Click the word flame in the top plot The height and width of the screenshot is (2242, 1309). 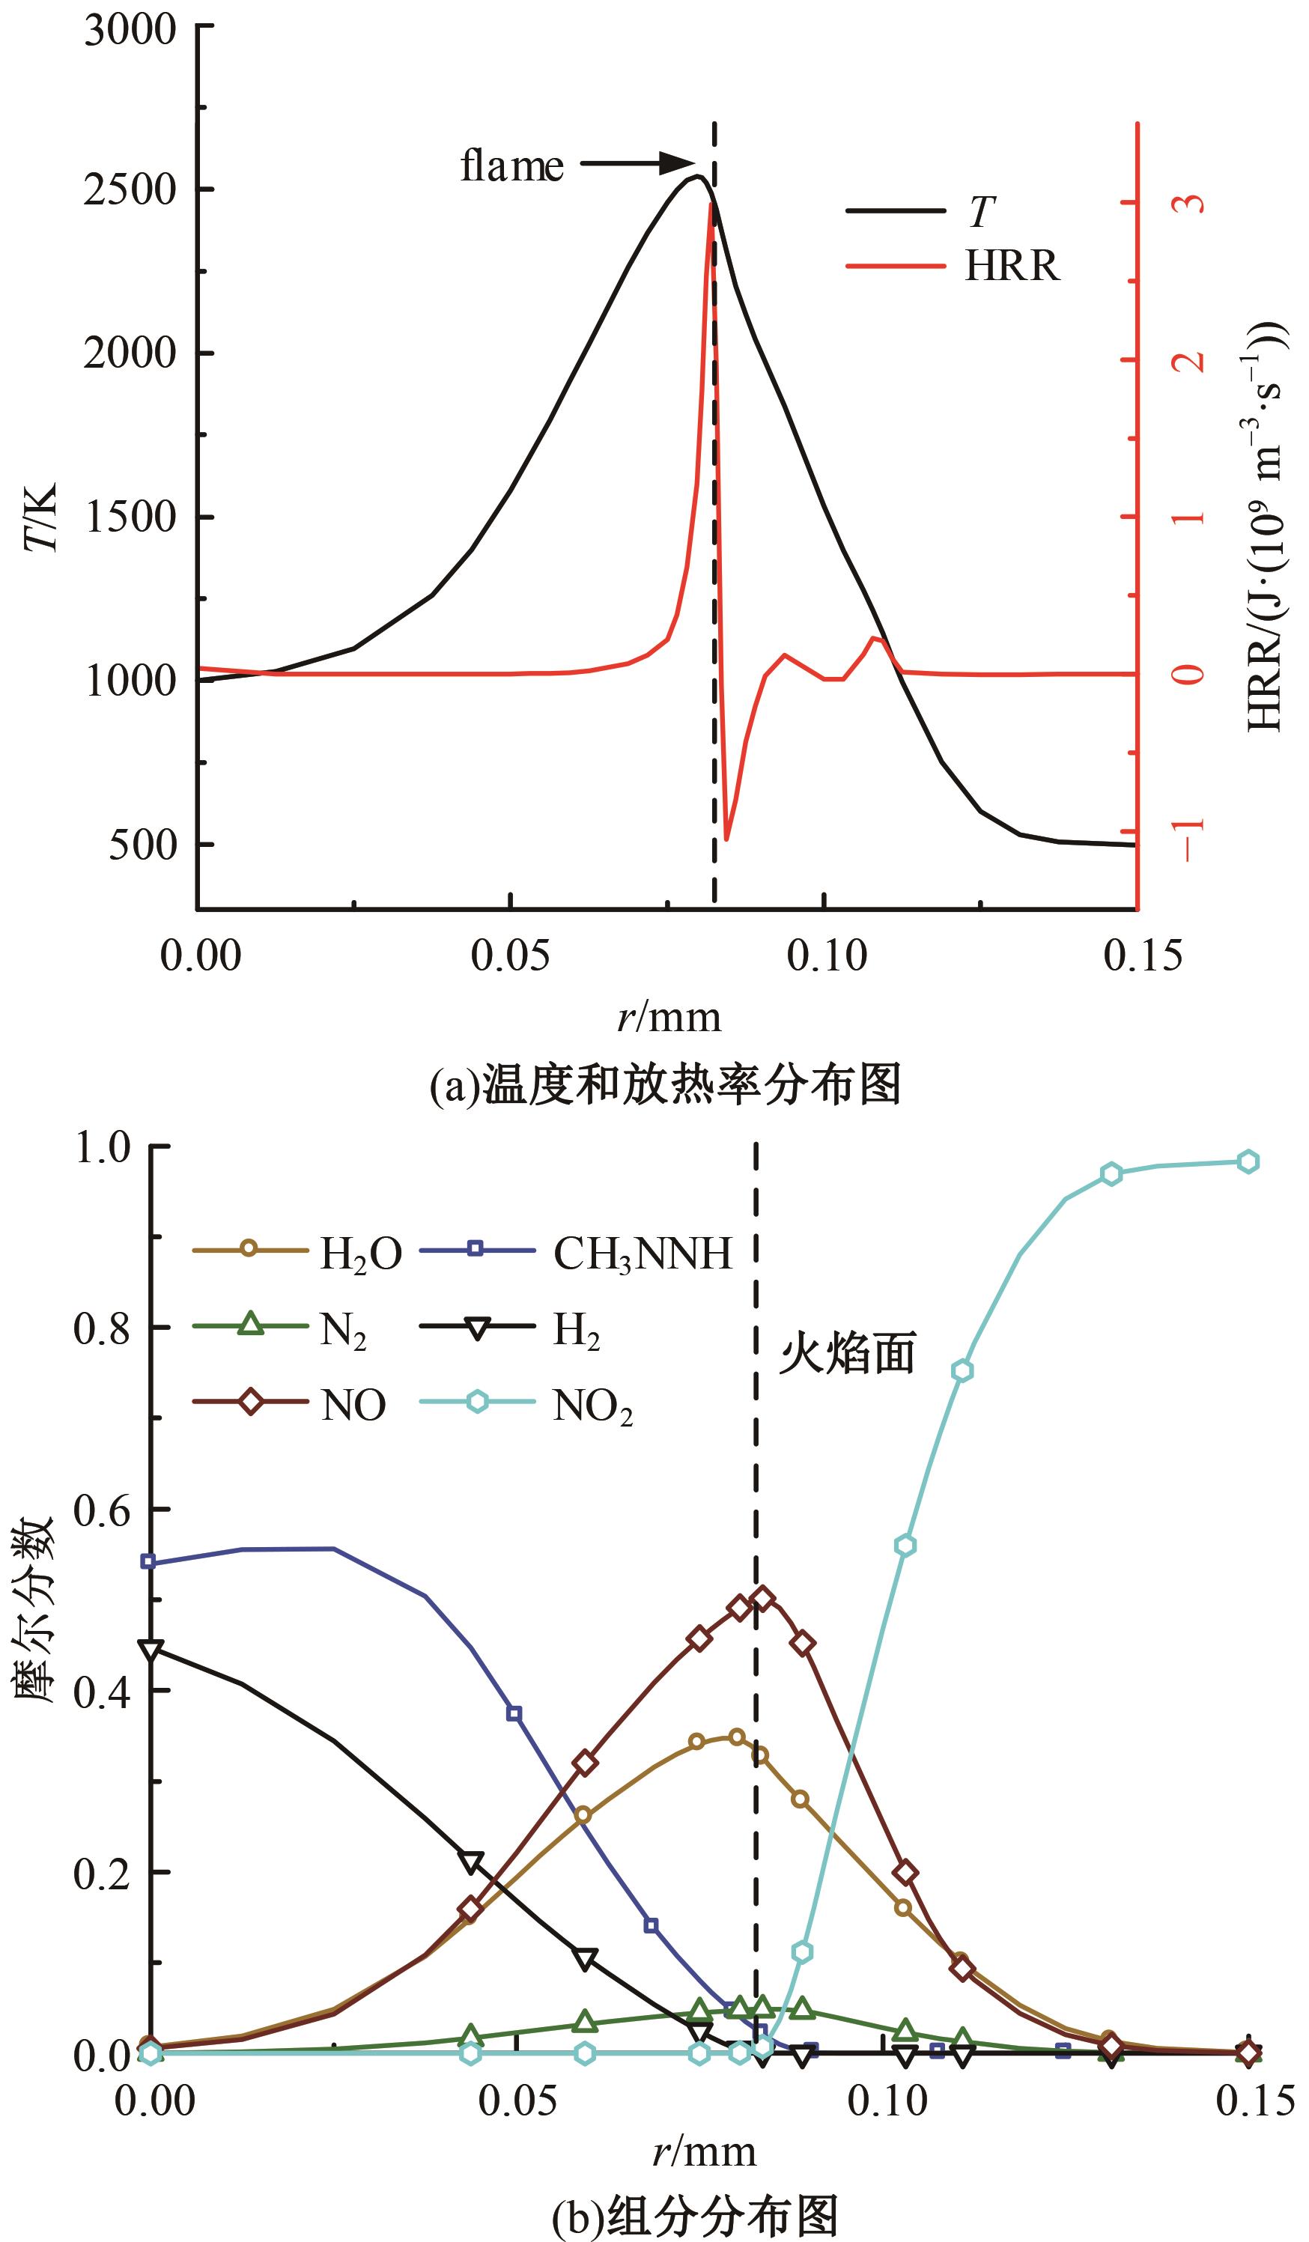511,165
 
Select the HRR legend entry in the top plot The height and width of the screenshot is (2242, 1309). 1012,265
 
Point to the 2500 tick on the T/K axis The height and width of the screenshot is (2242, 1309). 130,189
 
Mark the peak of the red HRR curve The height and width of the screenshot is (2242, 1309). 710,204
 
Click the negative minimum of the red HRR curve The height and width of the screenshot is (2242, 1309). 727,838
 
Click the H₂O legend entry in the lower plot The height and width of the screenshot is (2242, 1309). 359,1254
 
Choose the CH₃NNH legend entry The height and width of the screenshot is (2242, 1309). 642,1254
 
